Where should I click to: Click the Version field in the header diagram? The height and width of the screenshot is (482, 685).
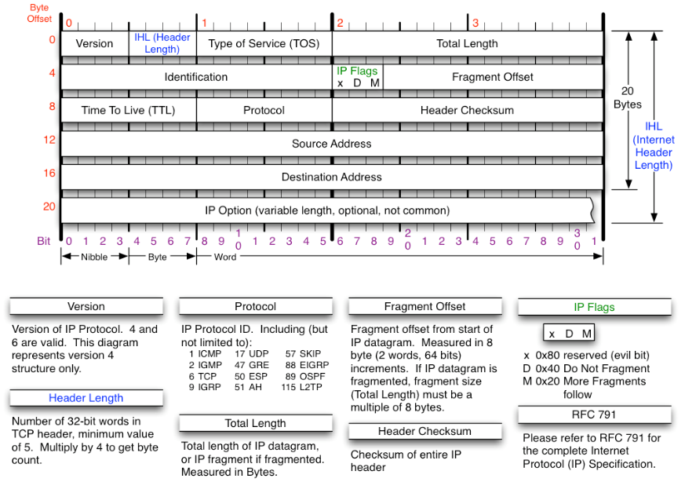(94, 44)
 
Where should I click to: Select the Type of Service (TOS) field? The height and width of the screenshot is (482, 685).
(264, 44)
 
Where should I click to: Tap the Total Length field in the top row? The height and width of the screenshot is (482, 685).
(467, 44)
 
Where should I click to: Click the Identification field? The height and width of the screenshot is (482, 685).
(196, 77)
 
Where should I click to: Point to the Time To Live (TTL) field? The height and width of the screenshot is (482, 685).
(129, 110)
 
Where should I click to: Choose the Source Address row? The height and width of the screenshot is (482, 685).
(332, 144)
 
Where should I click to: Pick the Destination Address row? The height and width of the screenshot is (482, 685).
(332, 177)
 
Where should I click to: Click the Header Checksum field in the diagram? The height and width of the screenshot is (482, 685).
(467, 110)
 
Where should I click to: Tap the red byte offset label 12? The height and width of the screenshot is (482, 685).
(49, 140)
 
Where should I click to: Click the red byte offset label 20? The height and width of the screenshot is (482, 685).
(49, 206)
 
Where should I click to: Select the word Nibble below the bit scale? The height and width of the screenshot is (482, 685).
(94, 257)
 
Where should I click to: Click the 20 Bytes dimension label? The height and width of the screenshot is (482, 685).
(628, 97)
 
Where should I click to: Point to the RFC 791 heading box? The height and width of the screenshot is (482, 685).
(594, 414)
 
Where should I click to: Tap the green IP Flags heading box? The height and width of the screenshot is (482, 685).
(594, 307)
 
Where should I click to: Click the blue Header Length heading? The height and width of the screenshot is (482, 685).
(86, 398)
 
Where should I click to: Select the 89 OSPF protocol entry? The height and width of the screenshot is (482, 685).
(305, 376)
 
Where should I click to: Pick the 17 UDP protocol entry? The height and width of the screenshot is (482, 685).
(252, 353)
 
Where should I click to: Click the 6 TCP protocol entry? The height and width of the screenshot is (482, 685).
(202, 376)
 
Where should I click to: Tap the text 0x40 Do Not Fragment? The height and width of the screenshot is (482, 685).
(592, 368)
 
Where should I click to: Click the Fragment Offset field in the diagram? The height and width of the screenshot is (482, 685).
(493, 77)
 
